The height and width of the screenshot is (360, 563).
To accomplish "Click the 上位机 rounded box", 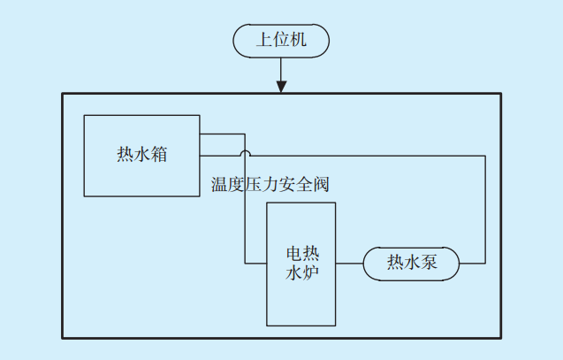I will click(x=281, y=40).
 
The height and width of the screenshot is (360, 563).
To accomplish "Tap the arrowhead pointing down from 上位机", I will click(x=281, y=86).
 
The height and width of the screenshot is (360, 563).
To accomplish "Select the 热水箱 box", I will click(x=141, y=155).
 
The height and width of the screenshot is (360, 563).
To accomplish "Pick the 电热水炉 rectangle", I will click(x=301, y=263).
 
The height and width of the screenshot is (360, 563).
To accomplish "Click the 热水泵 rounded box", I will click(x=412, y=263).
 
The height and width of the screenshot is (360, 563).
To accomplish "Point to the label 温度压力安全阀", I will click(x=270, y=184).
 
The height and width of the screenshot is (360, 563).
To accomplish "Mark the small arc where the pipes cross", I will click(x=246, y=155).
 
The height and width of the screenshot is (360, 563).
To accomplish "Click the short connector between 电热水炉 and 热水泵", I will click(x=350, y=263).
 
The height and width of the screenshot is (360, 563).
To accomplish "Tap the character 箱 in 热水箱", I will click(x=159, y=155).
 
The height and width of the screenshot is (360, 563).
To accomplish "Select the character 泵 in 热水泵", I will click(x=430, y=263).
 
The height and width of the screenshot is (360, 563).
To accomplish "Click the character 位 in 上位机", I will click(x=281, y=40).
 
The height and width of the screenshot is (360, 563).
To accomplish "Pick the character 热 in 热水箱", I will click(x=125, y=155).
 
